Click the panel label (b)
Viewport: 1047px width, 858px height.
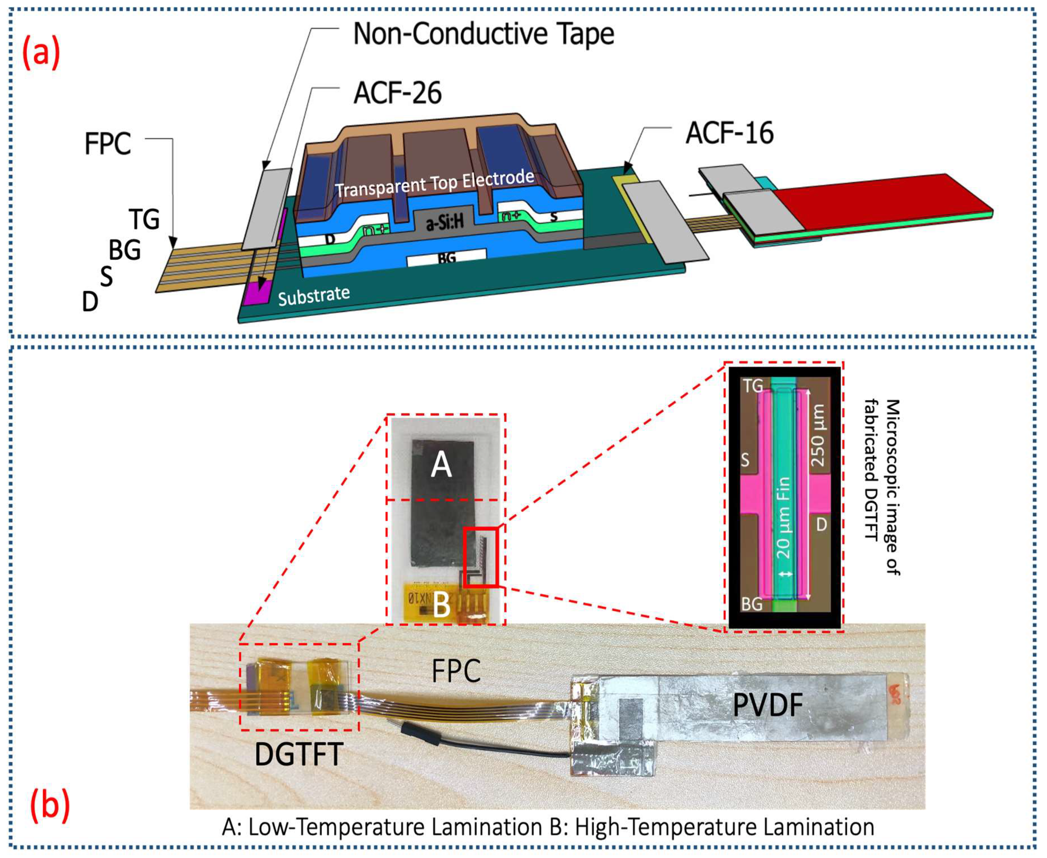pos(50,806)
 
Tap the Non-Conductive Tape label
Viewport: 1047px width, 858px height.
pos(483,34)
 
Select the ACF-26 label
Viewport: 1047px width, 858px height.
pos(397,93)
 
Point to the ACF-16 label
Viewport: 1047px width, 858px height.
pos(729,133)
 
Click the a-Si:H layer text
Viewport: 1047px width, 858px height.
pos(445,223)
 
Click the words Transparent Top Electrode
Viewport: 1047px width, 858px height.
pos(435,184)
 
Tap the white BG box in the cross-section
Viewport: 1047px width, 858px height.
pos(446,257)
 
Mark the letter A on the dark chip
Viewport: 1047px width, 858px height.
pos(441,466)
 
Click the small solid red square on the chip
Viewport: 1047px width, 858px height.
pos(480,557)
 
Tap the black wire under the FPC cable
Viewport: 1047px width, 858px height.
pos(494,746)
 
